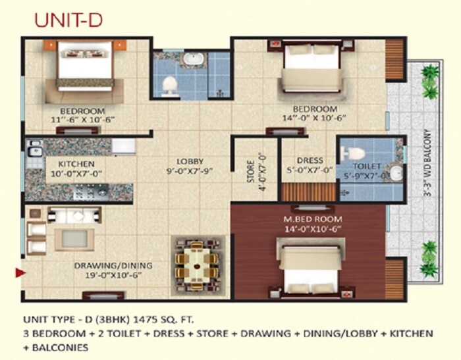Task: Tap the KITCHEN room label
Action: click(76, 164)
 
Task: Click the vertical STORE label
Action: click(250, 169)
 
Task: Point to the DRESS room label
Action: click(310, 160)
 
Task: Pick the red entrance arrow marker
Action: click(20, 271)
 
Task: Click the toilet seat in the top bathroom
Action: click(170, 84)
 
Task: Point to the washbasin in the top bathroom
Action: click(193, 60)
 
